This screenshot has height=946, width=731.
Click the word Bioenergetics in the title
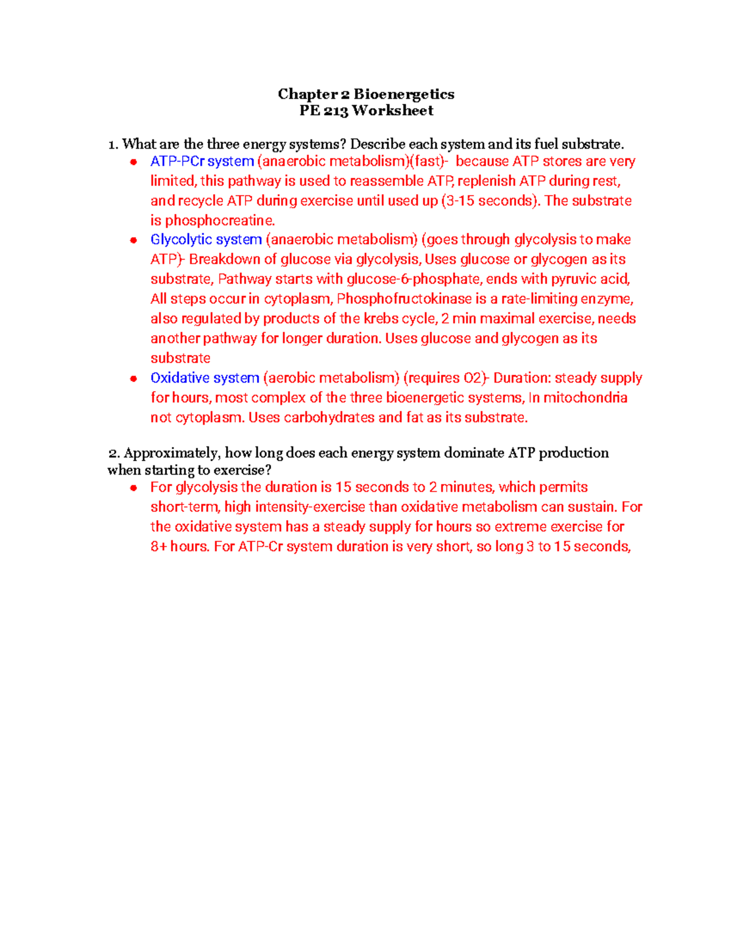click(x=404, y=94)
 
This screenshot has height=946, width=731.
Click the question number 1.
click(x=112, y=144)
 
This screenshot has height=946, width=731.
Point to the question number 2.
click(x=113, y=453)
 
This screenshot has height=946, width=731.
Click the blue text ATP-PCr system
click(x=202, y=161)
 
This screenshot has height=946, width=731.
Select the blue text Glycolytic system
click(x=206, y=239)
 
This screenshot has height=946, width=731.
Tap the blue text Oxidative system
click(x=205, y=378)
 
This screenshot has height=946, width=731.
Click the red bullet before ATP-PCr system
click(x=133, y=162)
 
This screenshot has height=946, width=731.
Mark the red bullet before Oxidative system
click(x=133, y=378)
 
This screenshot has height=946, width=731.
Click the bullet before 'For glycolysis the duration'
click(x=133, y=487)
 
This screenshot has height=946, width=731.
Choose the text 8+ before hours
click(x=158, y=546)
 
